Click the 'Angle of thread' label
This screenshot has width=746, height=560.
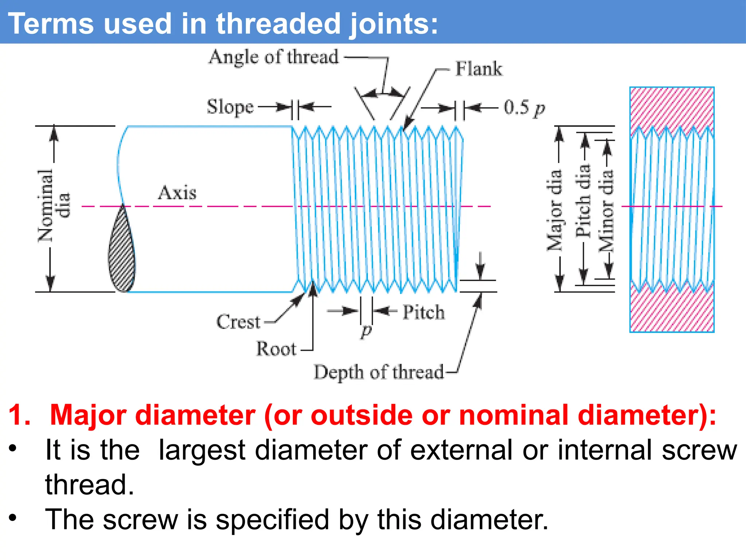pos(274,57)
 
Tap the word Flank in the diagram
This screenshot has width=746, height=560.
pos(479,69)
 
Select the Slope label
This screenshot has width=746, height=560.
pos(230,107)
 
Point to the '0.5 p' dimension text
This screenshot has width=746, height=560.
pos(524,108)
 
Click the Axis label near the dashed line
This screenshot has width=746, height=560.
pos(177,192)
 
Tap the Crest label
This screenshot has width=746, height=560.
pos(239,322)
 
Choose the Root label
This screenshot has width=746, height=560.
pos(276,349)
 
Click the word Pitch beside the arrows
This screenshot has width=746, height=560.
pos(423,312)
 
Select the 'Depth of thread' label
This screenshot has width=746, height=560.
pos(379,372)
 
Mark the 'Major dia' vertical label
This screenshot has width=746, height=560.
pos(554,210)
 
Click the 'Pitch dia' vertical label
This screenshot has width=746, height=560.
pos(583,201)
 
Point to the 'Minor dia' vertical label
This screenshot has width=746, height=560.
pos(606,210)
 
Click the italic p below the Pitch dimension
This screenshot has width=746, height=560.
pos(366,330)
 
